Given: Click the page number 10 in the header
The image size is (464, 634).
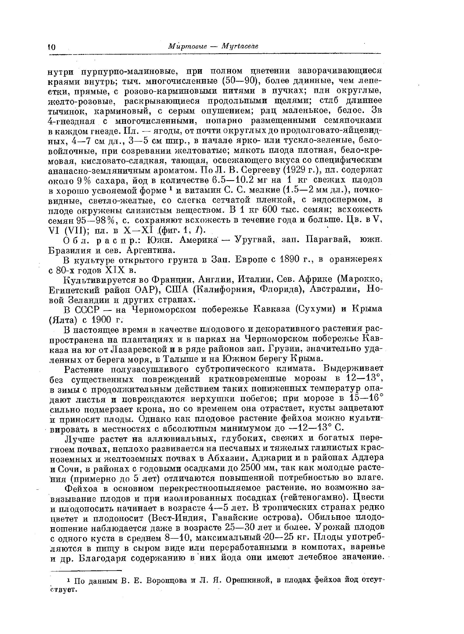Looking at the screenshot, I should [52, 46].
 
